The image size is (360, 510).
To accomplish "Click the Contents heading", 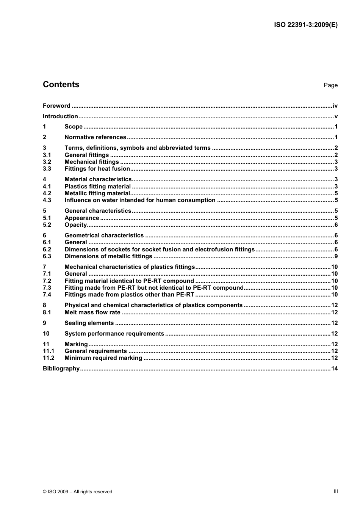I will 61,85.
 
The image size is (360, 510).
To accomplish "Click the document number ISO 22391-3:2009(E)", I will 305,25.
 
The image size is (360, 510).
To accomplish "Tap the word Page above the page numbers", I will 330,85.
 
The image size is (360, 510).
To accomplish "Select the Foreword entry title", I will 56,106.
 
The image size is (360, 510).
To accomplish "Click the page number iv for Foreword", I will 335,106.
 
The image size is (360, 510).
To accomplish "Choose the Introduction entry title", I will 60,116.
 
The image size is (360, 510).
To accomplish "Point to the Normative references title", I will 95,137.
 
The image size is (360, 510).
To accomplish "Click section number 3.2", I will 47,162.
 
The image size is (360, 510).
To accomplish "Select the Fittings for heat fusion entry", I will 97,169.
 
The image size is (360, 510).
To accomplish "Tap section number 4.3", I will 47,200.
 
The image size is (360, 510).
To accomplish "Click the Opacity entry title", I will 75,225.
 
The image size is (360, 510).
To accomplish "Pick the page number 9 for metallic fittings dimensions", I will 336,256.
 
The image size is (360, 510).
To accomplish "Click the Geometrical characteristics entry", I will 104,235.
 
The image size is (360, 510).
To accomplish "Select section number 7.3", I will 47,288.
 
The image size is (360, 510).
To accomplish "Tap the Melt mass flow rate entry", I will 92,312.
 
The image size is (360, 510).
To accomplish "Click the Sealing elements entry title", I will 89,323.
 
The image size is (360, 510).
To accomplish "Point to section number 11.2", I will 49,358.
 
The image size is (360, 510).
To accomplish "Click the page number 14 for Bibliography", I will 334,369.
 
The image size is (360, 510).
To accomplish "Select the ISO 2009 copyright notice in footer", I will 78,492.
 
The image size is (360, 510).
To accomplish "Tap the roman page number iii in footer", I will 336,491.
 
